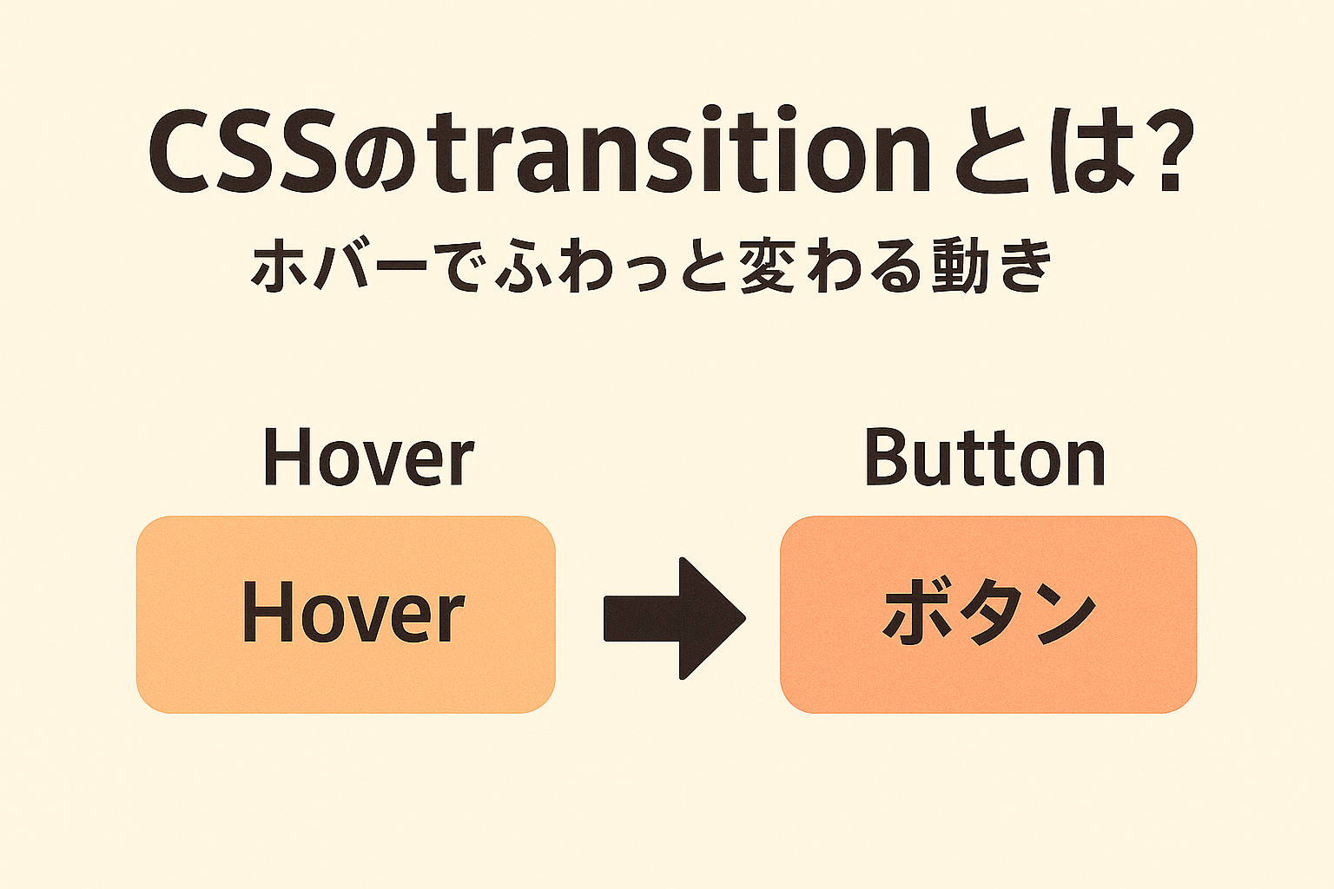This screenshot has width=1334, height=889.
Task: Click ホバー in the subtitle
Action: pyautogui.click(x=339, y=265)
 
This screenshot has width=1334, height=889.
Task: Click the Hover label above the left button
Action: pyautogui.click(x=368, y=457)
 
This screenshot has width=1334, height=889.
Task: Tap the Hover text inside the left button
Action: pyautogui.click(x=353, y=611)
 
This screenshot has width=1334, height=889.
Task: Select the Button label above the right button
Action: pyautogui.click(x=985, y=456)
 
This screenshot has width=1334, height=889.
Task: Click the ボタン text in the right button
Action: pyautogui.click(x=988, y=613)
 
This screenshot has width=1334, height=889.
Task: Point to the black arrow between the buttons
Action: pyautogui.click(x=675, y=618)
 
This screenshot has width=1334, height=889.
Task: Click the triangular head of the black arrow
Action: pyautogui.click(x=712, y=618)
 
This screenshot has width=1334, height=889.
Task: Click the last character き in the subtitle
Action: pyautogui.click(x=1025, y=265)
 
